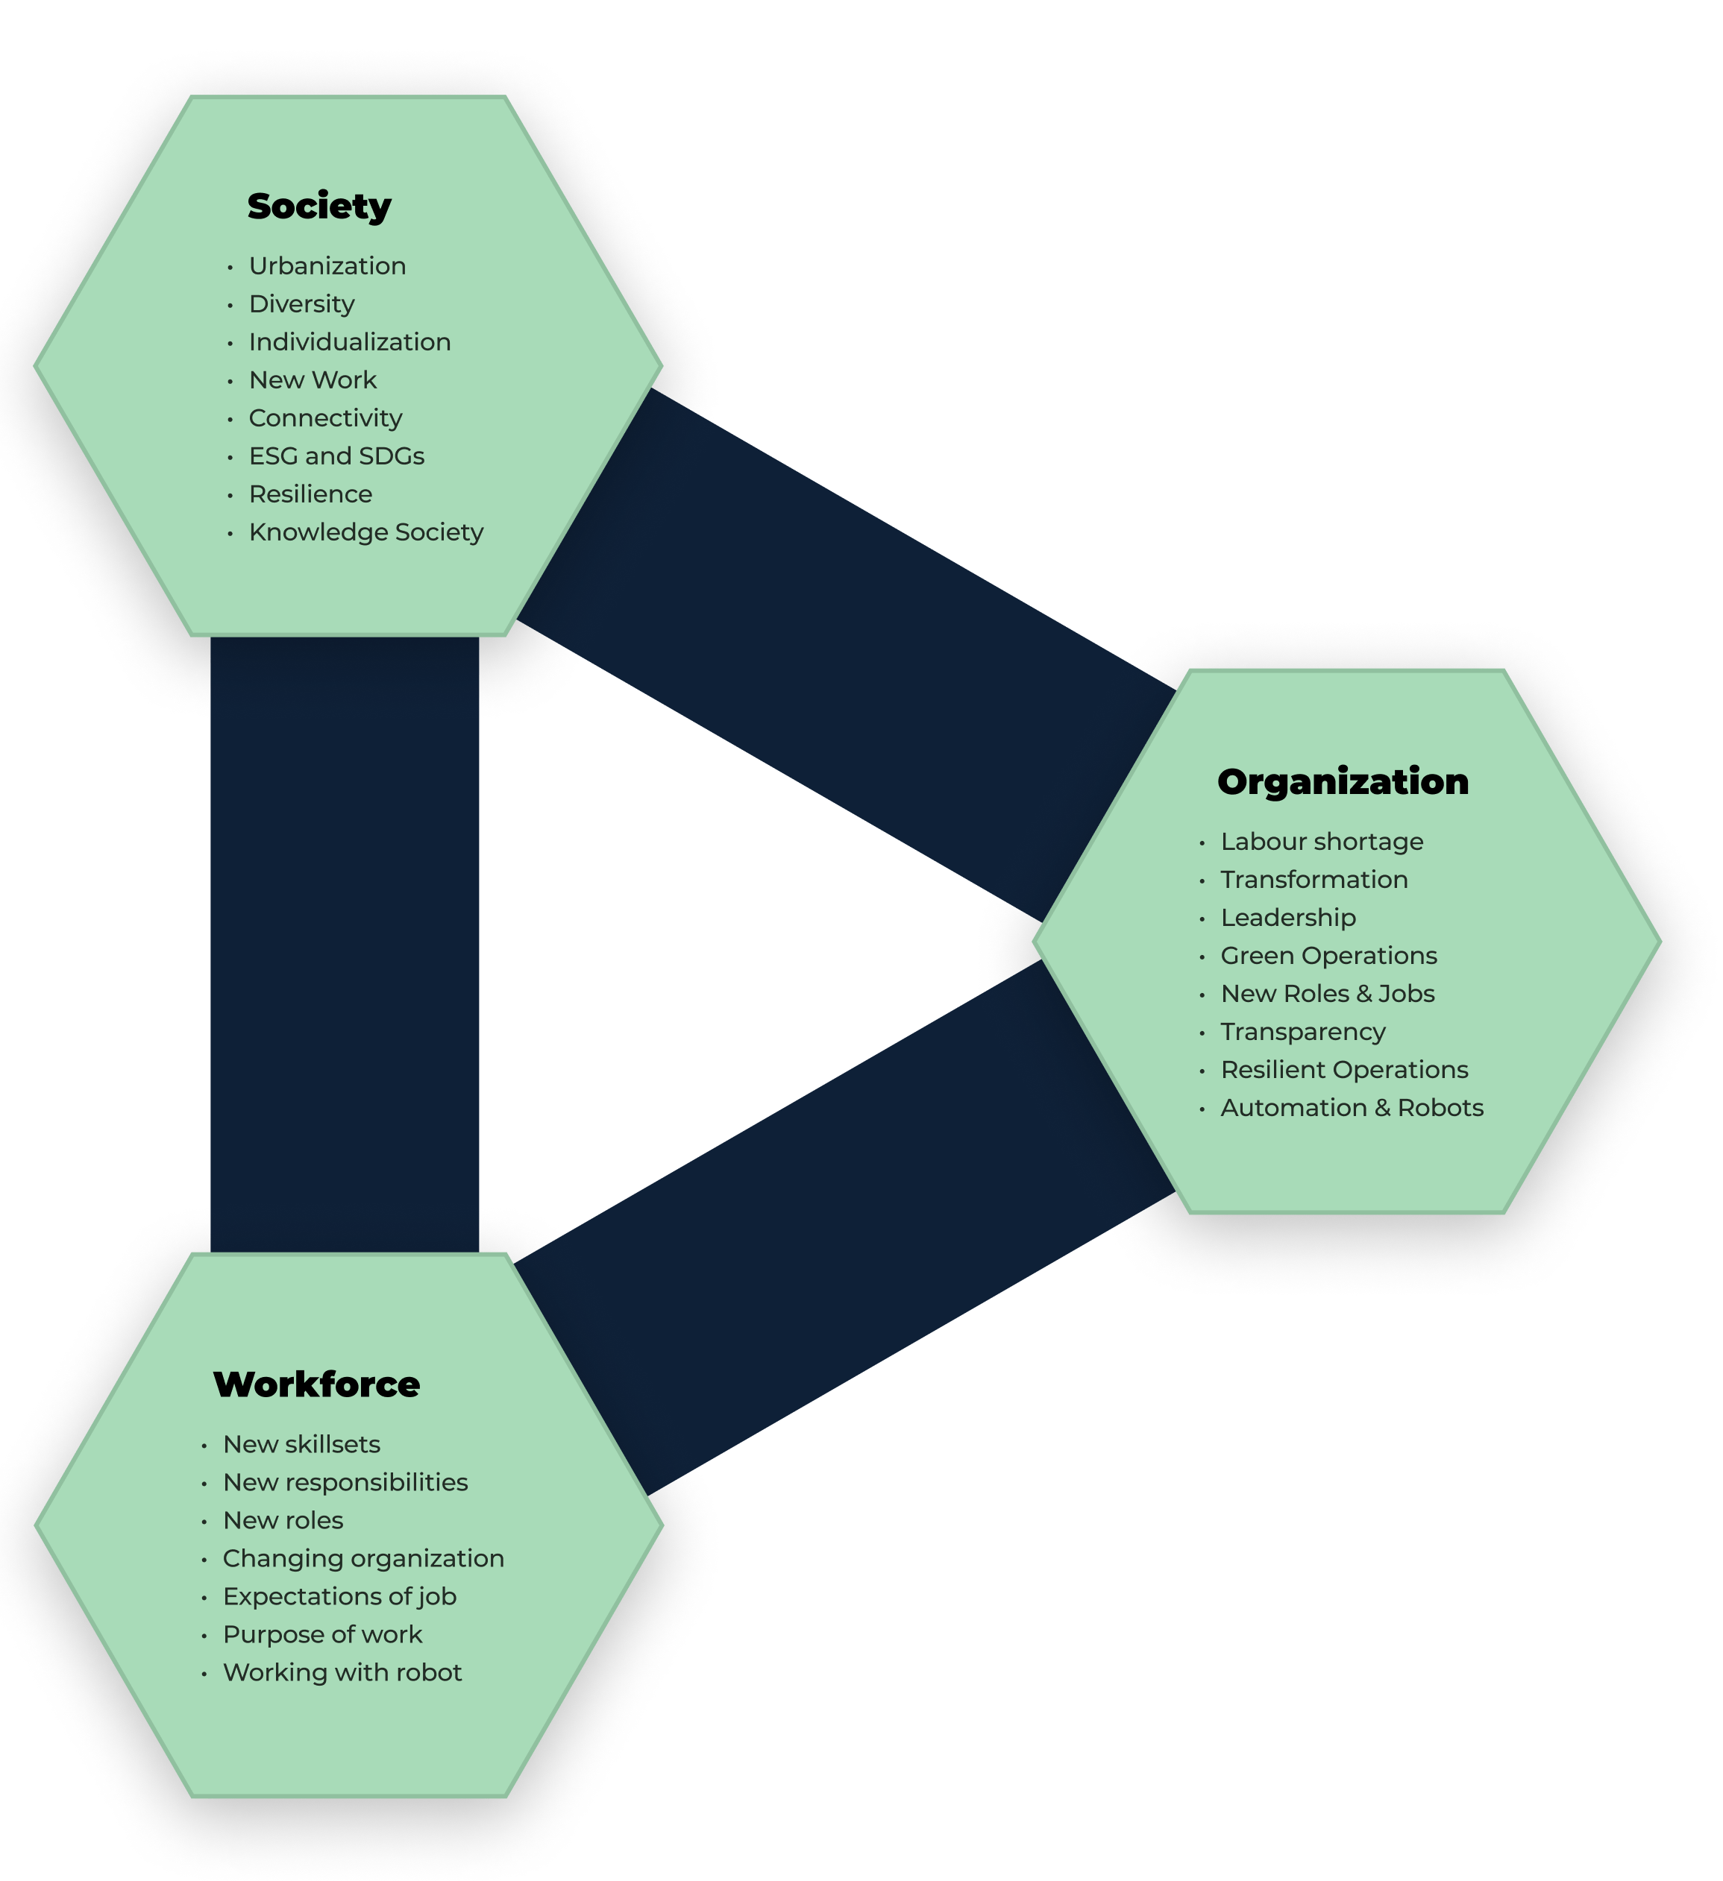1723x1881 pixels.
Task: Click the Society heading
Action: click(319, 207)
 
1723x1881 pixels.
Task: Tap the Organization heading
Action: click(1342, 782)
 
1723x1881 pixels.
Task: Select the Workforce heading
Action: click(316, 1384)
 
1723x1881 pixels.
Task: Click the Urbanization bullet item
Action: click(327, 266)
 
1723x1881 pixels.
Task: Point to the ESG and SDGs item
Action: click(336, 456)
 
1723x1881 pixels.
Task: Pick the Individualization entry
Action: click(349, 341)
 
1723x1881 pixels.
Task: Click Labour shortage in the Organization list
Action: click(1322, 842)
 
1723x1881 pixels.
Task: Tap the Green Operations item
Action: click(1328, 956)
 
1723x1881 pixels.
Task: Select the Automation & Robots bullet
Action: click(1352, 1108)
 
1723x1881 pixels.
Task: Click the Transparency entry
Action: click(1303, 1032)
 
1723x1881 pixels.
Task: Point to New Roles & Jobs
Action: click(1327, 994)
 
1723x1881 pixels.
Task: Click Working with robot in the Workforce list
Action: click(342, 1673)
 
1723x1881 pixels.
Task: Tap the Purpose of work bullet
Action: click(322, 1635)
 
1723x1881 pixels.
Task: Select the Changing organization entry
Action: click(363, 1558)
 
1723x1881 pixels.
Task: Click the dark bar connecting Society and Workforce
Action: click(345, 942)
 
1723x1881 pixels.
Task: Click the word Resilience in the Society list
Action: click(310, 494)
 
